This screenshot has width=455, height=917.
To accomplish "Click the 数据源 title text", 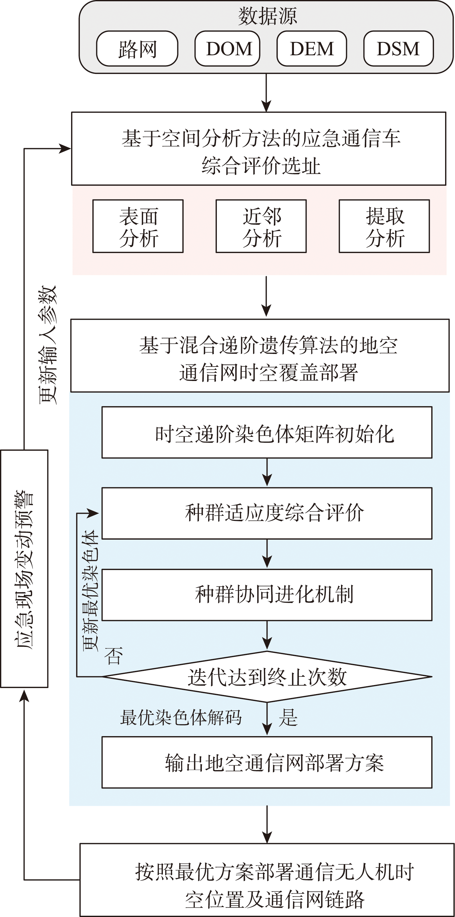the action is (267, 16).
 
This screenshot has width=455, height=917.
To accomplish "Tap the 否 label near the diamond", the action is (113, 655).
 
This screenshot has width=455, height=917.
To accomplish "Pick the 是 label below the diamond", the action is (288, 717).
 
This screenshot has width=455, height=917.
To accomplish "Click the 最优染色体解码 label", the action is (181, 717).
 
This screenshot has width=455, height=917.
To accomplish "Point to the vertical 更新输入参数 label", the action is (48, 345).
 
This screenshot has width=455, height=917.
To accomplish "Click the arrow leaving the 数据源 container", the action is (266, 93).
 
